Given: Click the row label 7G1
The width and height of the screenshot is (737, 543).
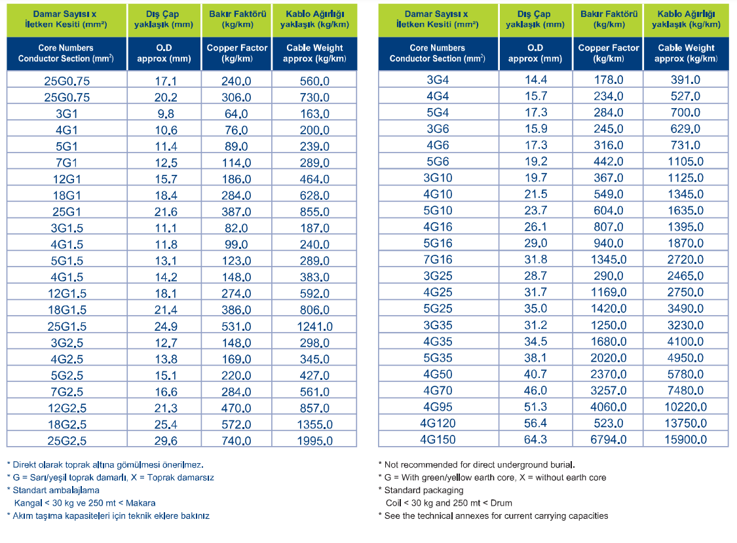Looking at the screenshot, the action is tap(67, 162).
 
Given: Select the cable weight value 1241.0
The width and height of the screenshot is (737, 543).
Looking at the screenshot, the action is tap(314, 326).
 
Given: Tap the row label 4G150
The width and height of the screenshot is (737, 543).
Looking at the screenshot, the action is tap(438, 440).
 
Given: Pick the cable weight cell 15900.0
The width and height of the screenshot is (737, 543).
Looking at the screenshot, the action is tap(685, 440).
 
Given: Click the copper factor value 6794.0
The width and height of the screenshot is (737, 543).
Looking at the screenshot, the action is tap(608, 440).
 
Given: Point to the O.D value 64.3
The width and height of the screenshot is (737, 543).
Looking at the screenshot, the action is tap(535, 440).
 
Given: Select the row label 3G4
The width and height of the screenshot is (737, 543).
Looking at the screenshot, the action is tap(438, 80).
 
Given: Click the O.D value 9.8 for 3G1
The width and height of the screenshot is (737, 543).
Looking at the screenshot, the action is tap(166, 114).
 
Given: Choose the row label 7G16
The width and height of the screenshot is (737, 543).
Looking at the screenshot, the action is tap(438, 259).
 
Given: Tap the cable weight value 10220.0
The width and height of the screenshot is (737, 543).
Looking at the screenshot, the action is tap(685, 407).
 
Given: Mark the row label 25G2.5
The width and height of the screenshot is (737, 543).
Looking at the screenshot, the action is tap(67, 441).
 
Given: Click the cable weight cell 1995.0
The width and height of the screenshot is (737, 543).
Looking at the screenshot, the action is tap(314, 441).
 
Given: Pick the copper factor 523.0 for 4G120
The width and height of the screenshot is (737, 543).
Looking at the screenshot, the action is tap(608, 423).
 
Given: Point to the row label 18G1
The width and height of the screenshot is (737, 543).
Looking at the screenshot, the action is tap(67, 196).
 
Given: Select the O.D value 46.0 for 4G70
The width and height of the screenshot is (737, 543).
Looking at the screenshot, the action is tap(535, 390).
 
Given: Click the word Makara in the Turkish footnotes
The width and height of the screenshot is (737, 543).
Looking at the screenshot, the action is tap(141, 503).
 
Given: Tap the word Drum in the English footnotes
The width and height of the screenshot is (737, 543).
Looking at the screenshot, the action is tap(501, 503).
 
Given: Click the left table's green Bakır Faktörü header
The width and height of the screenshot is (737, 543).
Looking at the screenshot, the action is tap(237, 19).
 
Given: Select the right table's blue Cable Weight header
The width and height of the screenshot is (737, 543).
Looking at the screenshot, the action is tap(686, 53).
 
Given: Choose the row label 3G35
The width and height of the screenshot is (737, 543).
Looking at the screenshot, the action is tap(438, 325).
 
